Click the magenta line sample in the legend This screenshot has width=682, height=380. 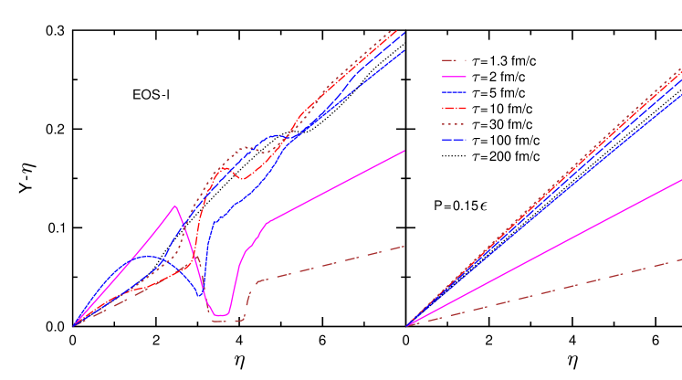click(454, 77)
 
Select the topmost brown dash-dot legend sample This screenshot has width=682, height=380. click(454, 61)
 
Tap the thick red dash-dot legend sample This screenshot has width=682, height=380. click(454, 108)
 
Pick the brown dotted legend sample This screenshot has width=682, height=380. click(454, 124)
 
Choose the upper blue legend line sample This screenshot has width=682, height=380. click(454, 92)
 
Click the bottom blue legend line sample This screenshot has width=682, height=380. click(454, 140)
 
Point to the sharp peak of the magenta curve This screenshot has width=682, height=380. click(175, 206)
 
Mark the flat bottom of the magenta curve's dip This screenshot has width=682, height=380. click(219, 315)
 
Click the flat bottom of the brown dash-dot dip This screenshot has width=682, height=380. click(227, 322)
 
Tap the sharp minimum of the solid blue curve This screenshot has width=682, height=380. click(200, 296)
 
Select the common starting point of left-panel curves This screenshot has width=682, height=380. click(74, 325)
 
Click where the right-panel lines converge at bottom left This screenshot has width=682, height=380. click(407, 325)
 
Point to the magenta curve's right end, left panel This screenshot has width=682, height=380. click(404, 152)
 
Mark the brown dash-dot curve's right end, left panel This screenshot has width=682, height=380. click(404, 247)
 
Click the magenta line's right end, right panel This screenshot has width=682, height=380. click(681, 180)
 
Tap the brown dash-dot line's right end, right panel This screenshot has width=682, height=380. click(681, 259)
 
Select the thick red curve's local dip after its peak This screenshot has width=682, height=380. click(242, 178)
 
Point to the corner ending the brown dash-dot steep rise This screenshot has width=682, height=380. click(258, 281)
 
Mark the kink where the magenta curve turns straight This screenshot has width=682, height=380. click(267, 222)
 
